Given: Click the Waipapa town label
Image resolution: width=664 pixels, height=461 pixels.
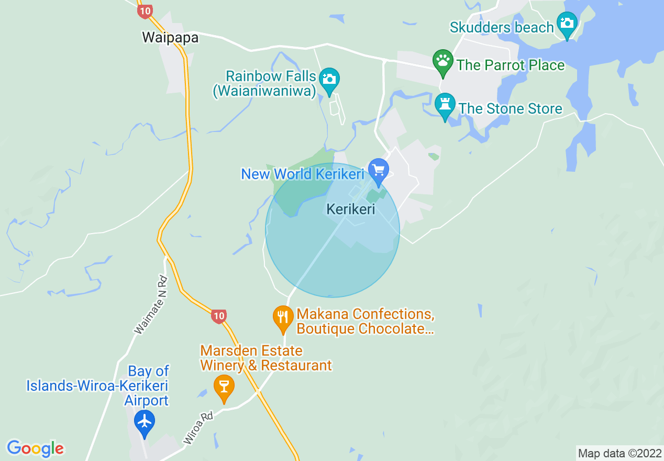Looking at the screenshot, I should click(x=170, y=38).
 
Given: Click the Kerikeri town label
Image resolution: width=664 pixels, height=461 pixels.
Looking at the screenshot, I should click(x=351, y=210).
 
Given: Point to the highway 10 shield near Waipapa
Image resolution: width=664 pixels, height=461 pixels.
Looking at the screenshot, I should click(x=145, y=11).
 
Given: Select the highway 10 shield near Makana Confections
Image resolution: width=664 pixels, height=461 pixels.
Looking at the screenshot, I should click(x=219, y=315).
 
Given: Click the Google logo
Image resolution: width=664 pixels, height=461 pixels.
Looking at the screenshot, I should click(x=35, y=448).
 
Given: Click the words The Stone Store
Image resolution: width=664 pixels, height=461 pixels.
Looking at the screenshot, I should click(x=510, y=109).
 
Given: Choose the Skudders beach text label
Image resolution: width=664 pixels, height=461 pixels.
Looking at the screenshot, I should click(x=502, y=28).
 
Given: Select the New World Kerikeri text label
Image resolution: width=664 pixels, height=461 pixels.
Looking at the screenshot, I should click(x=302, y=174).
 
